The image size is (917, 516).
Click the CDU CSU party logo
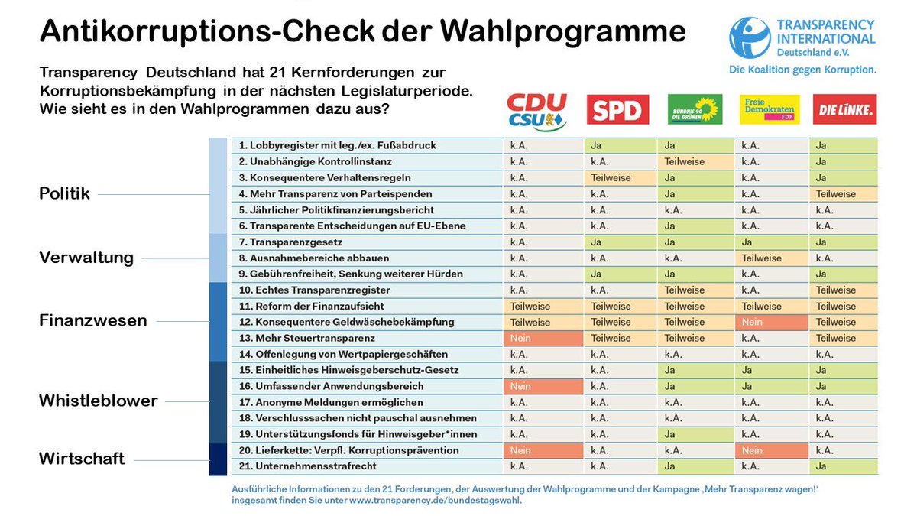coord(538,112)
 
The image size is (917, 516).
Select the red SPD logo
coord(617,109)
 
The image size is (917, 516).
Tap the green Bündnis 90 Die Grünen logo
coord(695,109)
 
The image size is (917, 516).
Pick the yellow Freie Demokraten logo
coord(770,109)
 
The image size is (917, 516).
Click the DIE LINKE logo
coord(844,109)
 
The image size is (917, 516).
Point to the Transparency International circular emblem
coord(750,38)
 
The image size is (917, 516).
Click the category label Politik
coord(64,194)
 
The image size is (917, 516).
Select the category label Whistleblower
coord(98,401)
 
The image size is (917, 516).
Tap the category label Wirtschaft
coord(82,459)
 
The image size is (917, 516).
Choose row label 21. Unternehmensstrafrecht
coord(307,466)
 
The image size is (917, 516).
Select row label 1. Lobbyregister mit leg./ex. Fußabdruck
coord(337,146)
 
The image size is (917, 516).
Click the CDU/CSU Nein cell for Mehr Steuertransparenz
coord(542,339)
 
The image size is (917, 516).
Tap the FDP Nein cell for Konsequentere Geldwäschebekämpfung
coord(771,323)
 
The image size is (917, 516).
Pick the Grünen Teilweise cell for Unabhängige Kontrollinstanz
coord(695,162)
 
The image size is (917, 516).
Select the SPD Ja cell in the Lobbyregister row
coord(620,146)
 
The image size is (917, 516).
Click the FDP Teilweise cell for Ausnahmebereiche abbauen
coord(771,258)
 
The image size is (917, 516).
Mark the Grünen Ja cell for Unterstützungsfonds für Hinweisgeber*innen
coord(695,434)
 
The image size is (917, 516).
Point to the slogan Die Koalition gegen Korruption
coord(802,70)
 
